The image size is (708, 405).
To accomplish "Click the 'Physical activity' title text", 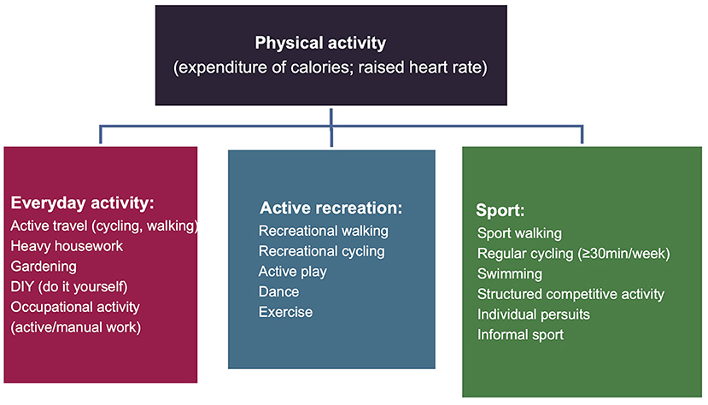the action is coord(320,44).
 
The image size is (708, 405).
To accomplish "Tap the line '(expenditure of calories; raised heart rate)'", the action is coord(331,67).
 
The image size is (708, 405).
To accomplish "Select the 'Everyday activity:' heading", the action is coord(82,203).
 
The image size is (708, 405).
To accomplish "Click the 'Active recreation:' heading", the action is coord(331,208).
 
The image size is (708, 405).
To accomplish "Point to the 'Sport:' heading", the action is coord(500,210).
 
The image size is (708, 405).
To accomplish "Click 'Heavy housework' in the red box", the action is coord(67,246).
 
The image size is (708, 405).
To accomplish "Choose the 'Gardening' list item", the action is coord(44,267).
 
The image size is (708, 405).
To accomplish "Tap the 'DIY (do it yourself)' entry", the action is coord(69,287).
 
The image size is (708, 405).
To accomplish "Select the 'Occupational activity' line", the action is coord(75,307).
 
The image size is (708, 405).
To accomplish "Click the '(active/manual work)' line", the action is coord(76,327).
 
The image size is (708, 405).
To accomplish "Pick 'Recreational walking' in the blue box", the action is coord(324,232).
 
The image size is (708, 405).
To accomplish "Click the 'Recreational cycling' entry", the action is coord(321,251).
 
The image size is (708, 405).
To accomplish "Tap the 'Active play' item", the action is coord(293,272).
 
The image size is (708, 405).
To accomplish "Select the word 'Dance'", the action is coord(278,291).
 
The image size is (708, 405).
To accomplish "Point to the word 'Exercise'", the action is coord(285,312).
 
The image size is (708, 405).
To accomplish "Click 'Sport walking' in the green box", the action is coord(519,233).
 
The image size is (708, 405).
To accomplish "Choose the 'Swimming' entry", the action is coord(510,274).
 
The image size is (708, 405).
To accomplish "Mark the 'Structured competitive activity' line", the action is coord(570,295).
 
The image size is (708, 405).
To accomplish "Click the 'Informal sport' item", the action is coord(520,335).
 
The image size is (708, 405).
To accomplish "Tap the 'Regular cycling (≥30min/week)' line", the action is coord(573,254).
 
